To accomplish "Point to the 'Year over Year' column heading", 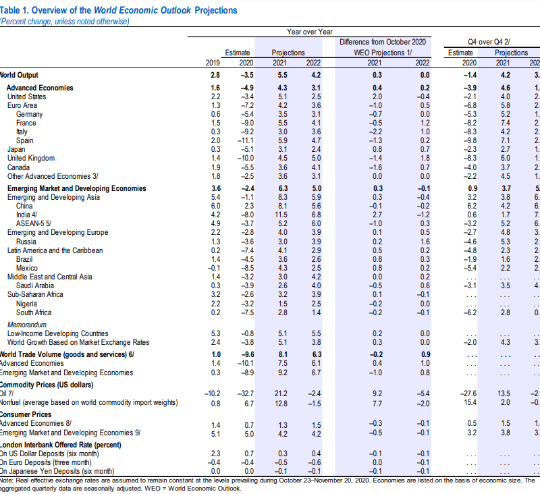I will point(309,31).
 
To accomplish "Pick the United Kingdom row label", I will point(31,158).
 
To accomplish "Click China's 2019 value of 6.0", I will point(215,206).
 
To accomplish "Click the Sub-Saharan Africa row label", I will point(35,294).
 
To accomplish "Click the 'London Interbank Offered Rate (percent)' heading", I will point(61,445).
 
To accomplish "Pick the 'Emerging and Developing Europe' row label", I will point(57,233).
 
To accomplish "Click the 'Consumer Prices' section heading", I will point(26,414).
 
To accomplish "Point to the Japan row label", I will point(16,149).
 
